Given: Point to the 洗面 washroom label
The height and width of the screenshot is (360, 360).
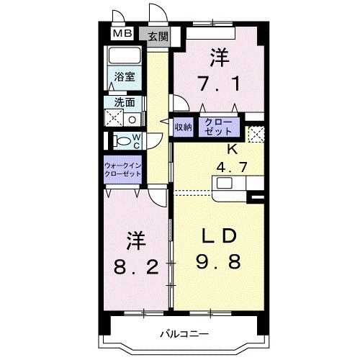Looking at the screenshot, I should pyautogui.click(x=125, y=102).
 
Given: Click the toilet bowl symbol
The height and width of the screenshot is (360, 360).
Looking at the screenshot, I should pyautogui.click(x=120, y=140).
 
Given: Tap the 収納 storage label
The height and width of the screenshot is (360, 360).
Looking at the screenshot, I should pyautogui.click(x=183, y=127).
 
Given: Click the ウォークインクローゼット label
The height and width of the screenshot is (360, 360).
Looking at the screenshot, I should pyautogui.click(x=125, y=171).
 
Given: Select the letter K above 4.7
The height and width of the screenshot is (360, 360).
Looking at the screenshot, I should pyautogui.click(x=232, y=150).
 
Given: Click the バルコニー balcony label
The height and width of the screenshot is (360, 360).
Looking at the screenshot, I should pyautogui.click(x=183, y=334).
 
